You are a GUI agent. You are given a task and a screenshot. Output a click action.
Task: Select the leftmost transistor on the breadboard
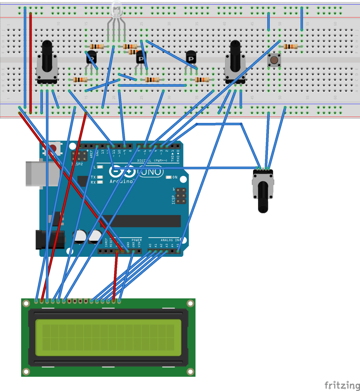91,57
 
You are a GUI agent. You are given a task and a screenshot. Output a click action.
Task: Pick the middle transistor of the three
141,57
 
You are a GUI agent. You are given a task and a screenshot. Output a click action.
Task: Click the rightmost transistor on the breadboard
191,57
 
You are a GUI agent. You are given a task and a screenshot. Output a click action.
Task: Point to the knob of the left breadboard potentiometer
47,56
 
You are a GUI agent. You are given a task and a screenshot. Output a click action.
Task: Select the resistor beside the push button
291,46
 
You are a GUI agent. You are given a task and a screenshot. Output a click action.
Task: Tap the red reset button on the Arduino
53,148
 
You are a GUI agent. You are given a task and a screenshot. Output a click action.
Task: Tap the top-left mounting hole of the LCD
26,303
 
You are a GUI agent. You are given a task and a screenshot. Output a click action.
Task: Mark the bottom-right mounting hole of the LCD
190,371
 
